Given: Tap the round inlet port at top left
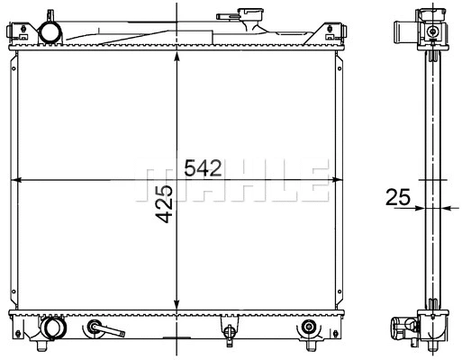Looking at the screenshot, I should click(50, 32).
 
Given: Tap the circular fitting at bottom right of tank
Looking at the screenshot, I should click(308, 326).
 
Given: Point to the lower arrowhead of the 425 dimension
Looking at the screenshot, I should click(177, 306).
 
